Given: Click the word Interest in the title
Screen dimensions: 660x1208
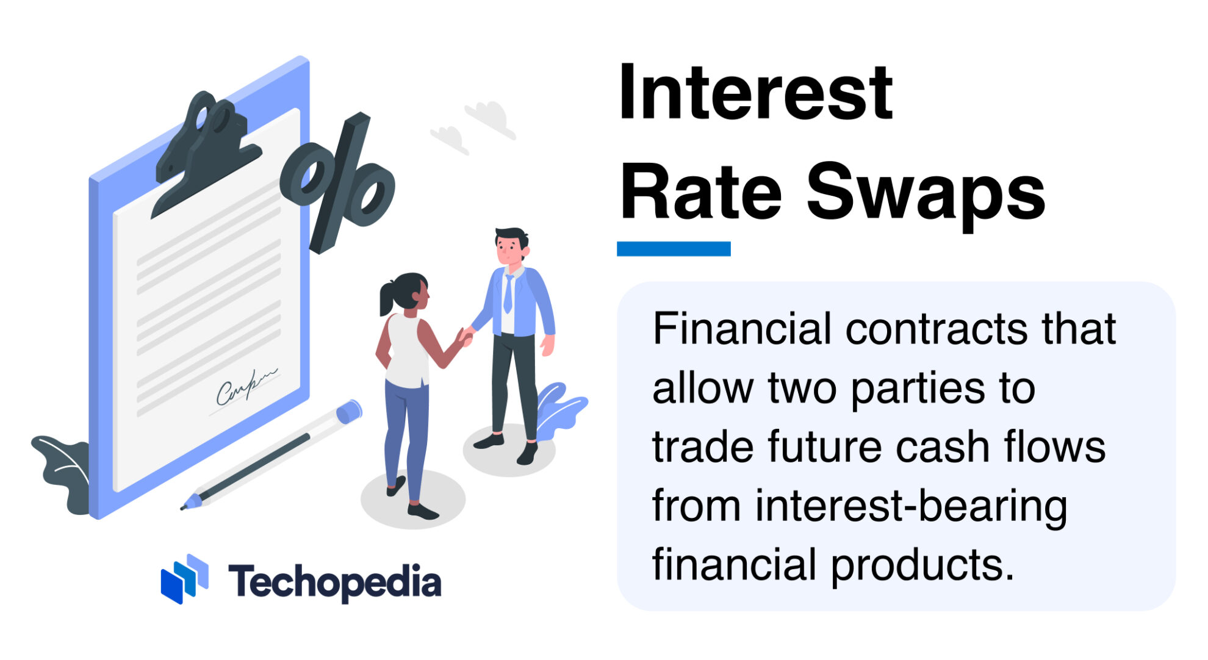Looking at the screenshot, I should pyautogui.click(x=755, y=93).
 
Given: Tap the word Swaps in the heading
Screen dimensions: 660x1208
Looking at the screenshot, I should pyautogui.click(x=926, y=193).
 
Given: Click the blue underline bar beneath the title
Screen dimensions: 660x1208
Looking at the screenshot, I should pyautogui.click(x=673, y=249).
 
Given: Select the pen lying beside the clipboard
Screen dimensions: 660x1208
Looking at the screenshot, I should pyautogui.click(x=271, y=454).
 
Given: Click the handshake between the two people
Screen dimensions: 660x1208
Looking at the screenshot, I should pyautogui.click(x=466, y=336).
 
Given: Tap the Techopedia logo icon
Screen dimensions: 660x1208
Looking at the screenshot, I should pyautogui.click(x=184, y=579).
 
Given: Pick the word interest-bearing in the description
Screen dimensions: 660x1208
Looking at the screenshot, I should pyautogui.click(x=911, y=506).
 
